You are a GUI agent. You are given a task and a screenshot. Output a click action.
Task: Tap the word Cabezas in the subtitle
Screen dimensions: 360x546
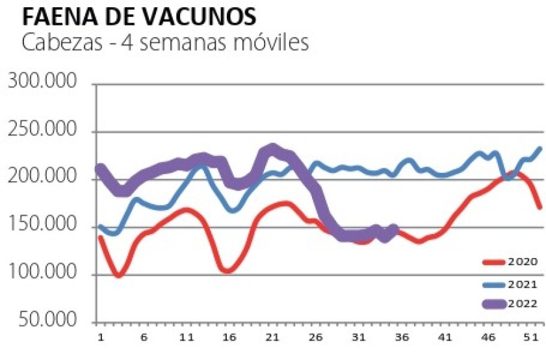click(57, 44)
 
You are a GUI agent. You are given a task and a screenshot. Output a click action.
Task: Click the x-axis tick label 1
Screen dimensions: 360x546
click(101, 338)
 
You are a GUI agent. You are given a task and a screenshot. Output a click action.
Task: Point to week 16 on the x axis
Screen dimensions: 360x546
click(229, 338)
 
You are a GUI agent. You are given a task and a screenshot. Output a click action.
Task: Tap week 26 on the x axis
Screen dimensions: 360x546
click(315, 338)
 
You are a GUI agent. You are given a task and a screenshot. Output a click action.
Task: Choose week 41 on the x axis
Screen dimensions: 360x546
click(444, 338)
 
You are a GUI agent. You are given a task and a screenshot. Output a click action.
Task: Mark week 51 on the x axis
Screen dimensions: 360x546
click(530, 338)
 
